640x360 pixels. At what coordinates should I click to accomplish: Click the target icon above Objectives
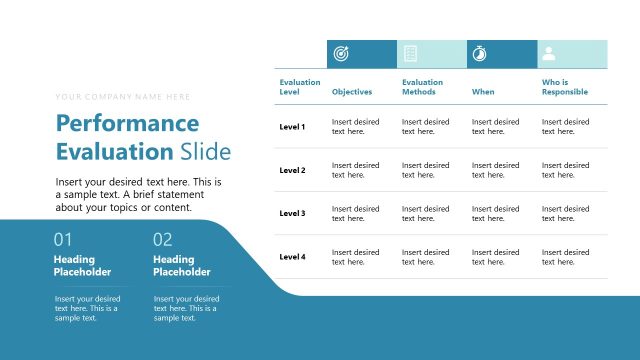click(339, 54)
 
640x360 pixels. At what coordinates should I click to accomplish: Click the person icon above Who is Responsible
click(549, 54)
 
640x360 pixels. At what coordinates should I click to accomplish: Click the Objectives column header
click(352, 92)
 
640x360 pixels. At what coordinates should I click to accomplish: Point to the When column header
click(483, 92)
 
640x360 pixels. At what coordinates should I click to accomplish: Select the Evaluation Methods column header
click(423, 87)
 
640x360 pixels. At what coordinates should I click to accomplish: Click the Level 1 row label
click(293, 127)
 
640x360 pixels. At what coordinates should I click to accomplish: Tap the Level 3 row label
click(293, 214)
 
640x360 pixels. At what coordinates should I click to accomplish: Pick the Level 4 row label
click(293, 257)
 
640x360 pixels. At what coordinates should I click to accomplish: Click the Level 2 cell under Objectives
click(355, 170)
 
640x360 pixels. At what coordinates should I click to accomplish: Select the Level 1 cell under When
click(495, 127)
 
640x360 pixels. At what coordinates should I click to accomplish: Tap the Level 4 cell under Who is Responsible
click(565, 257)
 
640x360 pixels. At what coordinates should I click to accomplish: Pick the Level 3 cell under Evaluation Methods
click(425, 214)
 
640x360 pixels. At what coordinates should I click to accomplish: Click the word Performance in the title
click(127, 123)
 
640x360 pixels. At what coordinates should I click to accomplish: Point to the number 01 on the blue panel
click(63, 240)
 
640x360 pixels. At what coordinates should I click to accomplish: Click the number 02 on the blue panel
click(163, 240)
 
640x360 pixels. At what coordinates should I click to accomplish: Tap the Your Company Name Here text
click(123, 97)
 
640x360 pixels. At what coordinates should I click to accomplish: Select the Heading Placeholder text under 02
click(182, 266)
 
